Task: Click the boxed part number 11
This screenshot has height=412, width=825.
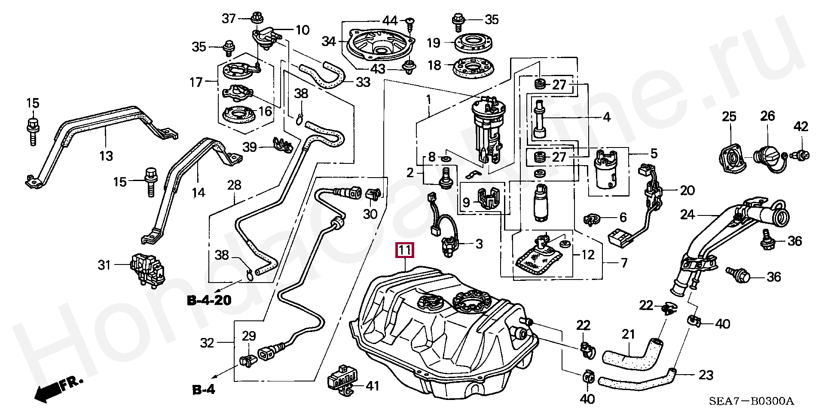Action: pos(405,250)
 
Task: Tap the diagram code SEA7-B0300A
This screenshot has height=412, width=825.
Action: pos(751,402)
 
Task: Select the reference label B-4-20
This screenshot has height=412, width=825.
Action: pos(209,300)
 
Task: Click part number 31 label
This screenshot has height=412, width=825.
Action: pos(104,265)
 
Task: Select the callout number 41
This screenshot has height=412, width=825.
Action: pos(372,386)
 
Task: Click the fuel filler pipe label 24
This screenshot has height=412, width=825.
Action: pos(687,214)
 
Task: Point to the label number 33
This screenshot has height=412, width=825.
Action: pos(363,82)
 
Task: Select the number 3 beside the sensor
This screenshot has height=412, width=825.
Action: pos(479,244)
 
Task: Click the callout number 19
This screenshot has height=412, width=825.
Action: pos(434,43)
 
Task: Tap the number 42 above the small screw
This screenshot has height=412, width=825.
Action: pos(801,126)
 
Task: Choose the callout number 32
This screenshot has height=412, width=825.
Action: pos(207,343)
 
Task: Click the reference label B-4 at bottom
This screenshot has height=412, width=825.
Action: pos(203,390)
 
